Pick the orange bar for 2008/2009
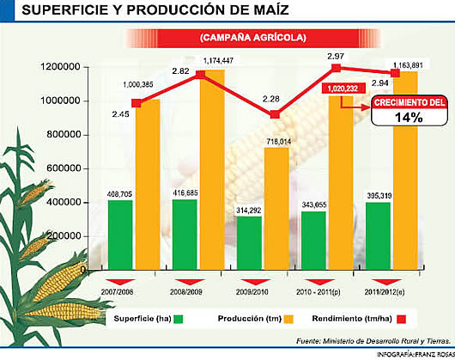213,172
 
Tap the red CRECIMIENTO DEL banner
409,102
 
